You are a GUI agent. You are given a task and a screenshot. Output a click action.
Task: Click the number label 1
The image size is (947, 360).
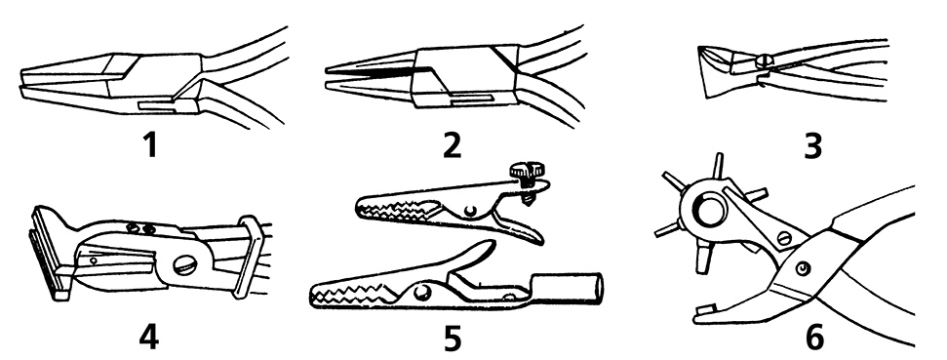(x=150, y=145)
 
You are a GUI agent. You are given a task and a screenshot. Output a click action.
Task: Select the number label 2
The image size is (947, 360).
(x=452, y=145)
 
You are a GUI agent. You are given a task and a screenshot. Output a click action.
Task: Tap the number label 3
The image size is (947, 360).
(x=813, y=146)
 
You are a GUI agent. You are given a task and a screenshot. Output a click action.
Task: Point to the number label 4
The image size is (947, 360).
(x=148, y=337)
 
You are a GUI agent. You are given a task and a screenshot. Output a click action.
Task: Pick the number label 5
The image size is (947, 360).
(x=452, y=339)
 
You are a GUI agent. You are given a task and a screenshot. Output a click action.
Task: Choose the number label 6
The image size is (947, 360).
(x=814, y=338)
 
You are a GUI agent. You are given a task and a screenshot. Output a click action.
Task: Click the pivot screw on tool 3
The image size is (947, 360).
(x=763, y=61)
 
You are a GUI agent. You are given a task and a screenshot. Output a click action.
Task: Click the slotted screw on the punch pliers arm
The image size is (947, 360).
(x=783, y=238)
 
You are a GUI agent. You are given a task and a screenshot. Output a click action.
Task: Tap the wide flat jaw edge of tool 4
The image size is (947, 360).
(x=51, y=253)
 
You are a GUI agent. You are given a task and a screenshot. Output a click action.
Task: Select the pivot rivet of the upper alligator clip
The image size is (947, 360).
(x=470, y=210)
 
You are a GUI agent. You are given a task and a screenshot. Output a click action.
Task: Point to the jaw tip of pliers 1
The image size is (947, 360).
(x=24, y=82)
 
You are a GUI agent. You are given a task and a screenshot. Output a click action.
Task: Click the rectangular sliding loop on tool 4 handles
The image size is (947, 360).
(x=249, y=256)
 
